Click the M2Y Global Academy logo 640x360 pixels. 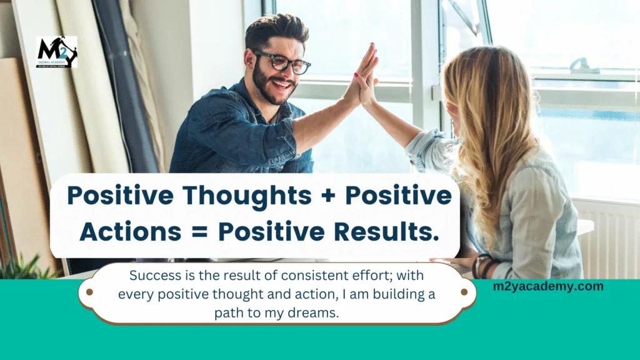(57, 52)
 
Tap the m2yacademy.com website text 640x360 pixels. (548, 286)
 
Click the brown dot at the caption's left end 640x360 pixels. (89, 292)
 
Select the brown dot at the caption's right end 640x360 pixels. (464, 292)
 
